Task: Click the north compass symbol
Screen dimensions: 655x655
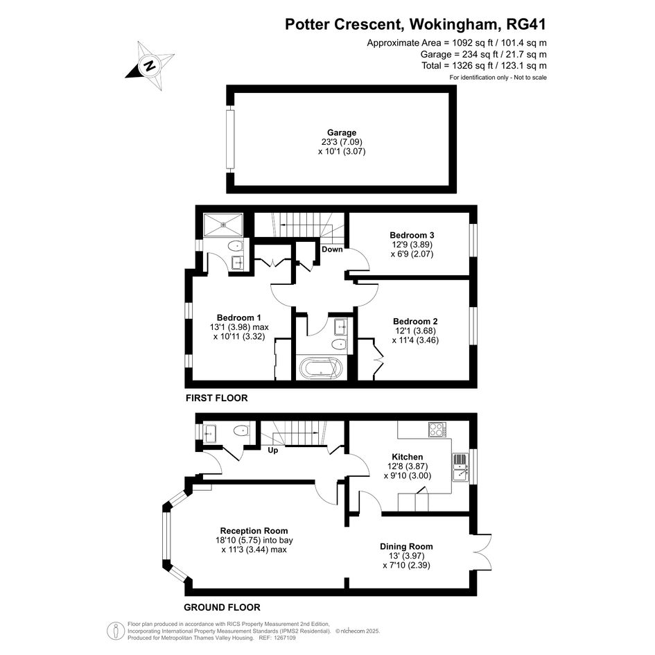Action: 150,66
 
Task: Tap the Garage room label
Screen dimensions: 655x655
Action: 342,133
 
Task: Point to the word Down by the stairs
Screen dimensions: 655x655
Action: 332,250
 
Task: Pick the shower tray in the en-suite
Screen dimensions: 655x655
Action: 223,225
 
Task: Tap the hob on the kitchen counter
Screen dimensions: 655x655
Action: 437,430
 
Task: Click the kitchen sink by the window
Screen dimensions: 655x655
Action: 460,467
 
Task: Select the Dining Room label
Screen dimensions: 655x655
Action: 406,546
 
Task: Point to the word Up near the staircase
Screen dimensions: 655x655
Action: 273,451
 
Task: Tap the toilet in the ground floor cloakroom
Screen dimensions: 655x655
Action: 241,430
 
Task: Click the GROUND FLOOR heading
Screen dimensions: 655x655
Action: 222,607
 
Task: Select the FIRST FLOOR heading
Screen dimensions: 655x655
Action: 216,398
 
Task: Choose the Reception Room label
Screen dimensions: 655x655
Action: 254,530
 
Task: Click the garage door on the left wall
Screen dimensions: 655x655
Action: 230,139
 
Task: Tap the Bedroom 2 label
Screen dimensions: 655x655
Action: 415,321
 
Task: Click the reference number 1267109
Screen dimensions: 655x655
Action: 283,638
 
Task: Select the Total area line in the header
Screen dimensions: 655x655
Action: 484,66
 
